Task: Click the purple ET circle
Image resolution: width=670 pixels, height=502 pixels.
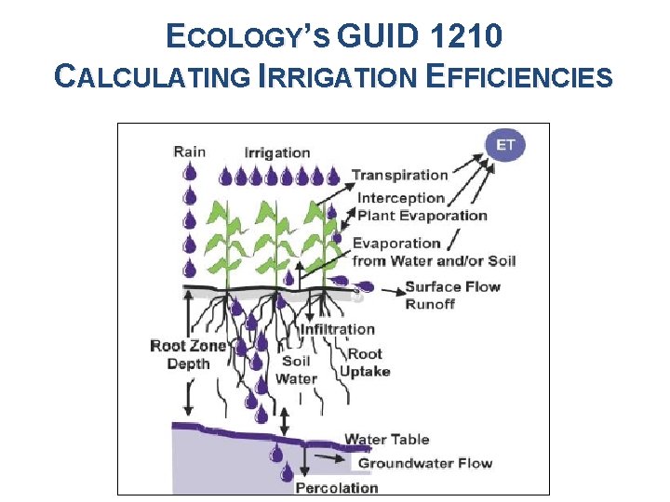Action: tap(506, 146)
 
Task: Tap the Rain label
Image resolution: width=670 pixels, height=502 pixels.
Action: tap(189, 152)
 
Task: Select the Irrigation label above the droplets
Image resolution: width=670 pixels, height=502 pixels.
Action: tap(277, 152)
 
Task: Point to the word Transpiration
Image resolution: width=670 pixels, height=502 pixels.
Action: tap(400, 175)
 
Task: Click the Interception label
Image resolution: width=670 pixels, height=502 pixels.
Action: tap(401, 198)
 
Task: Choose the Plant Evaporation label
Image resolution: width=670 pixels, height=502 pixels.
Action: tap(422, 216)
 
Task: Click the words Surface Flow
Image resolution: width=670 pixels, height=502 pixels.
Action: tap(452, 286)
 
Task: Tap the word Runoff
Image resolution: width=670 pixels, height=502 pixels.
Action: tap(430, 303)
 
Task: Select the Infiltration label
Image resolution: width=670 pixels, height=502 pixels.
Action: tap(337, 329)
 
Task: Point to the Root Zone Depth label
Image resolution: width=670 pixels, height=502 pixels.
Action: tap(188, 355)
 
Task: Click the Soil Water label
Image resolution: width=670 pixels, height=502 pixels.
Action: tap(296, 370)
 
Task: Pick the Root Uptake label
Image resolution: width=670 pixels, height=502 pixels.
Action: tap(365, 363)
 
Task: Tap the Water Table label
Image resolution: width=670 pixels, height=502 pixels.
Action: tap(386, 440)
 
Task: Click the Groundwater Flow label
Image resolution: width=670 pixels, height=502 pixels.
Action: tap(425, 463)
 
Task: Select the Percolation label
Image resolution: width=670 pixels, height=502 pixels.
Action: tap(336, 487)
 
